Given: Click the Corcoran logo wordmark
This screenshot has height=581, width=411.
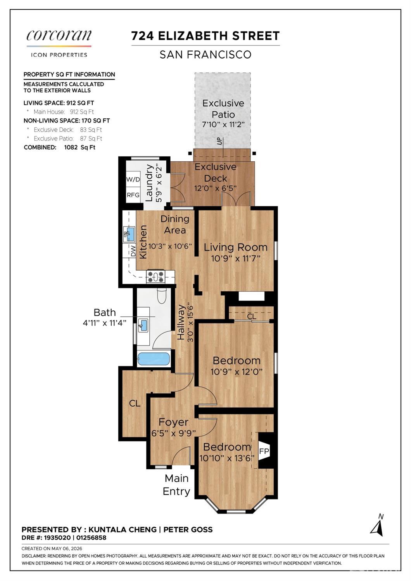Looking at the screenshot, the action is click(x=59, y=36).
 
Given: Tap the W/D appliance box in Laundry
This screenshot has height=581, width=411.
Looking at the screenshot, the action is click(x=133, y=179).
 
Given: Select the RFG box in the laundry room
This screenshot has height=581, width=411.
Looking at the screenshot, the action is click(x=133, y=195).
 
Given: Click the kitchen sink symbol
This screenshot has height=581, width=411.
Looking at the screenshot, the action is click(x=129, y=233).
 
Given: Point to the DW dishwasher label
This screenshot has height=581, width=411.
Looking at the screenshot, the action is click(x=133, y=251).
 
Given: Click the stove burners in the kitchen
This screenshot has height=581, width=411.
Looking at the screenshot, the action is click(x=155, y=277).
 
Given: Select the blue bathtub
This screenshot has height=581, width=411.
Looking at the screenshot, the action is click(x=154, y=359).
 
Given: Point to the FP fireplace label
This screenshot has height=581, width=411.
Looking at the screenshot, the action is click(x=264, y=451).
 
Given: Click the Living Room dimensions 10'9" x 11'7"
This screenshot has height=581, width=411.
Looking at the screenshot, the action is click(x=236, y=258).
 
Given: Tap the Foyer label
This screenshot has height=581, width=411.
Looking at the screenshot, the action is click(x=173, y=422).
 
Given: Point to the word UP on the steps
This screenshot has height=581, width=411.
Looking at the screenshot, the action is click(x=220, y=141).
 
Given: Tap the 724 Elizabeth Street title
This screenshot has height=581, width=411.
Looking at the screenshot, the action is click(x=205, y=36).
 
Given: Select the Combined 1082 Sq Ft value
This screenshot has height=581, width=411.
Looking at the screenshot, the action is click(x=80, y=147).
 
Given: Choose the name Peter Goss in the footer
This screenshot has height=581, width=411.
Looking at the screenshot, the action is click(x=188, y=530).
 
